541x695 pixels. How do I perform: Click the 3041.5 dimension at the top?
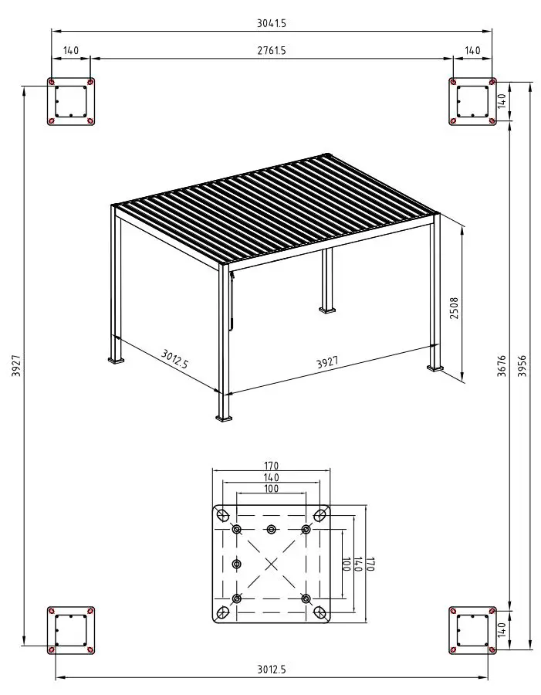pos(272,24)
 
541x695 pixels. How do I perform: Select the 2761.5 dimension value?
pos(272,51)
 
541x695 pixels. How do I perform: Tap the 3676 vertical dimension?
pos(502,366)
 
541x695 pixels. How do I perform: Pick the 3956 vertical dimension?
pos(522,366)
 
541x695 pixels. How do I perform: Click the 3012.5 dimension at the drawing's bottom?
pos(272,670)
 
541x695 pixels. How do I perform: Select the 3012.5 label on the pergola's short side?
pos(175,360)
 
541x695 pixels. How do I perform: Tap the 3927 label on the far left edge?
pos(16,366)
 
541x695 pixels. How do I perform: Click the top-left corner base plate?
pos(70,101)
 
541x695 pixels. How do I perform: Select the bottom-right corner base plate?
pos(472,630)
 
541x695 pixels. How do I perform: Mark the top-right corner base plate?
pos(472,101)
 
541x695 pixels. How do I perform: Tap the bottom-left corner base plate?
pos(70,630)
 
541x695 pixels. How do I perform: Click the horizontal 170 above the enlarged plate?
pos(271,466)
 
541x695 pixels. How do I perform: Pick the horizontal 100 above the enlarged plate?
pos(271,489)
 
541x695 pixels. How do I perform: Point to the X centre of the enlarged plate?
pos(272,564)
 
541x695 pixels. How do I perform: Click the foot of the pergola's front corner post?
pos(225,418)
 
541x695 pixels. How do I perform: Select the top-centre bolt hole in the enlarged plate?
pos(271,529)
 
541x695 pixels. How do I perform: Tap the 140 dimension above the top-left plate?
pos(71,51)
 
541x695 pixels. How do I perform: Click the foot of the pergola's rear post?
pos(327,310)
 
